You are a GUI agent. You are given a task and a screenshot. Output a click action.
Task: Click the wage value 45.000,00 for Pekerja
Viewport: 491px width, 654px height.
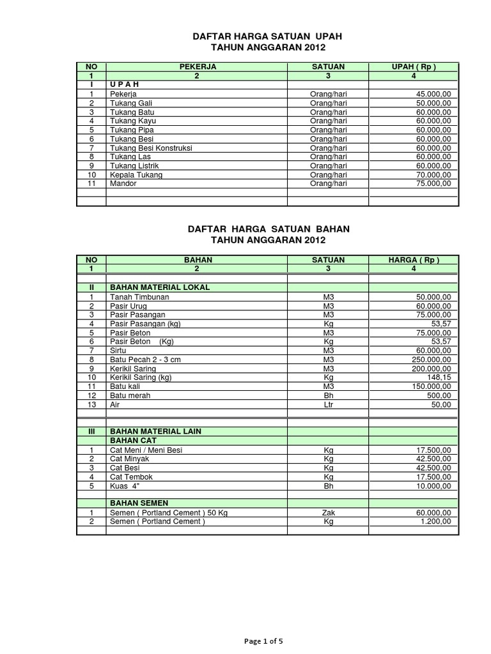(x=433, y=94)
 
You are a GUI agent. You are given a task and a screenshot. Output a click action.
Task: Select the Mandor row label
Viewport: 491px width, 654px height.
(x=123, y=183)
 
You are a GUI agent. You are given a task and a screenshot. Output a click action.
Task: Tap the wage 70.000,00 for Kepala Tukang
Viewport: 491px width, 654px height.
(x=433, y=174)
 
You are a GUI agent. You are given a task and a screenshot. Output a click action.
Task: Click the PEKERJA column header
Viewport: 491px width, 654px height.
(x=198, y=66)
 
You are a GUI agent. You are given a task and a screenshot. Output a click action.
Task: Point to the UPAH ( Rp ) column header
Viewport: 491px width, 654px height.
(x=414, y=66)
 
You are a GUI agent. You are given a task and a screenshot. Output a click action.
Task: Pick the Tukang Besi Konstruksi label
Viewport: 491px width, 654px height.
(x=151, y=148)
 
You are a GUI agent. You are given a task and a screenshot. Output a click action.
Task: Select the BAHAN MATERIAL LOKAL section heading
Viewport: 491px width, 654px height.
(x=160, y=287)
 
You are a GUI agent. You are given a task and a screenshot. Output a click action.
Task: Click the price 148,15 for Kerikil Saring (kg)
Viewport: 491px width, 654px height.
(x=439, y=377)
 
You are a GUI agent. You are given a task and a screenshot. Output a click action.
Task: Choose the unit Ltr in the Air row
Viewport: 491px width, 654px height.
(x=329, y=405)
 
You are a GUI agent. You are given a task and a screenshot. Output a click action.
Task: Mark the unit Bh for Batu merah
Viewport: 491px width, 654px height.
(x=329, y=396)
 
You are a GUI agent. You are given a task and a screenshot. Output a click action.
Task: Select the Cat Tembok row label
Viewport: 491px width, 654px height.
(x=131, y=476)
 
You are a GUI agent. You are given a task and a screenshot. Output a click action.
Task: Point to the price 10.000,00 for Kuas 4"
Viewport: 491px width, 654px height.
(x=433, y=485)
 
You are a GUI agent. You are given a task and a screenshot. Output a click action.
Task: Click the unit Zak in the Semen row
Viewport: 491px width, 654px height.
(x=329, y=513)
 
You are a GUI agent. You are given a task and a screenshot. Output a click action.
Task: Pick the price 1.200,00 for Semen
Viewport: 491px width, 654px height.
(x=435, y=522)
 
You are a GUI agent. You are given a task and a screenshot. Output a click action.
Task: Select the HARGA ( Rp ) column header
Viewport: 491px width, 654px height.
(x=414, y=260)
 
